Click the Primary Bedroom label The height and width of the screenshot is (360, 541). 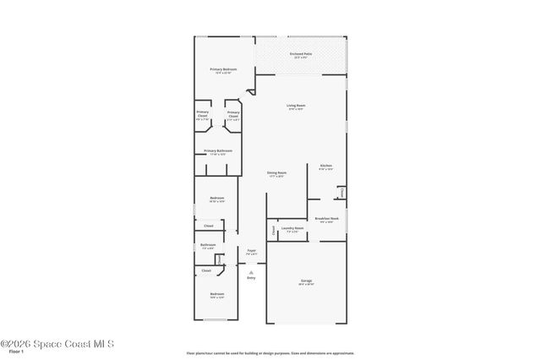(x=223, y=68)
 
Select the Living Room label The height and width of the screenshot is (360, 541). (x=296, y=106)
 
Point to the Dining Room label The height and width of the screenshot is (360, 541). (x=276, y=172)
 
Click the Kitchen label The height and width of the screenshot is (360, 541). (x=325, y=165)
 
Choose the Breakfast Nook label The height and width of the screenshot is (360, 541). (x=326, y=218)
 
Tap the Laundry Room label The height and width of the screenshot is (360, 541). (x=293, y=228)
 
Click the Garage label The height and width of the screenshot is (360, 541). (x=306, y=280)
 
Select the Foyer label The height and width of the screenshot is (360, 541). (x=251, y=250)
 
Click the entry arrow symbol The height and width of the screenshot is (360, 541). (x=251, y=271)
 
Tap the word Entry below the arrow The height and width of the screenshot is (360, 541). (x=251, y=277)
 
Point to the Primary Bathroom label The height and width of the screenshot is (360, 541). (x=218, y=150)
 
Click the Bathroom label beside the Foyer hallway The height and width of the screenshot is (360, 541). (x=208, y=245)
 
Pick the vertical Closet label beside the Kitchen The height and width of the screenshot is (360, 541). (x=342, y=193)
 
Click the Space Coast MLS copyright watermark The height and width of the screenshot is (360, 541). (x=57, y=344)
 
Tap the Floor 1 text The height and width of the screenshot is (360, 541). (x=9, y=354)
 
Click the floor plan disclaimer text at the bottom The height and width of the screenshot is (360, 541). (x=270, y=352)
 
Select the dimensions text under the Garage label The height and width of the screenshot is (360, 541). (x=306, y=284)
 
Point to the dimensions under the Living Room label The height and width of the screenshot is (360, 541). (x=296, y=110)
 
